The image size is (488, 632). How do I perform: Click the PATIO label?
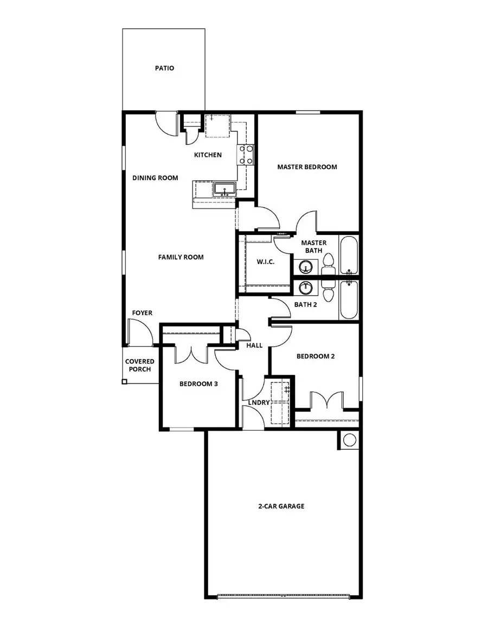click(164, 68)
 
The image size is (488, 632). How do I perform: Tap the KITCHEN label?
click(208, 155)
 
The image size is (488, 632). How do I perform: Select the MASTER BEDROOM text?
click(307, 167)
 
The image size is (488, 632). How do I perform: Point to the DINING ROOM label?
click(155, 178)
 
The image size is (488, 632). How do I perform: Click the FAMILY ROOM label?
click(181, 257)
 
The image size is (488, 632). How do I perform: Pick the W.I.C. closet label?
click(266, 262)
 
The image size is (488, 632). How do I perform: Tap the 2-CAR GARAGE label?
click(281, 506)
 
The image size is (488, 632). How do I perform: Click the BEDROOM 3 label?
click(198, 384)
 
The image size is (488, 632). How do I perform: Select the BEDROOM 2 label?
click(316, 356)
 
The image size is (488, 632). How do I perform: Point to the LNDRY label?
click(259, 403)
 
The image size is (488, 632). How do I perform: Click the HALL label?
click(254, 346)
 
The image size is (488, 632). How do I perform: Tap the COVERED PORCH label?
click(140, 365)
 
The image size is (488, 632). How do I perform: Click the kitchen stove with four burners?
click(246, 154)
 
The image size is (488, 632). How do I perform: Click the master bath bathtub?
click(349, 256)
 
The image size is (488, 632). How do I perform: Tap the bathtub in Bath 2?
click(349, 299)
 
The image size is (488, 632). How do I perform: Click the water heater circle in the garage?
click(349, 439)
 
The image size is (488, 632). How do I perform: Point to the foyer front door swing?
click(138, 332)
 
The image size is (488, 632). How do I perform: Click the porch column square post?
click(125, 382)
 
